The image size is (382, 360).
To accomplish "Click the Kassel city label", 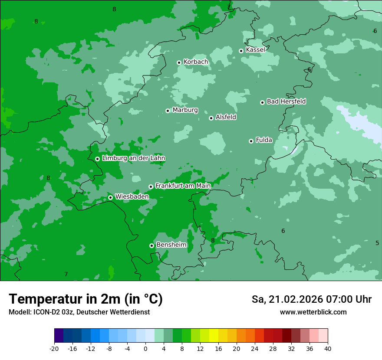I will click(x=255, y=50).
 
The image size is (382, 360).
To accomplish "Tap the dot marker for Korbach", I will click(x=179, y=62).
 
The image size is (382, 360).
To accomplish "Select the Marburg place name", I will click(x=185, y=110).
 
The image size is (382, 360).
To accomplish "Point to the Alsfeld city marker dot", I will click(x=211, y=118).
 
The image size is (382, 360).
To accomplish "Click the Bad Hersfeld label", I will click(x=286, y=101).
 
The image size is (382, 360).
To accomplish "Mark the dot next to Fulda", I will click(x=251, y=141).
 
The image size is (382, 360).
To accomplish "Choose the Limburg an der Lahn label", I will click(x=133, y=158).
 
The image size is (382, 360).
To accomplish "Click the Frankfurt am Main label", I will click(x=183, y=186).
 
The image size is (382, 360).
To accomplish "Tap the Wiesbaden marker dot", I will click(x=110, y=197).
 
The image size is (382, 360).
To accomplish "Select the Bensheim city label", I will click(x=171, y=245).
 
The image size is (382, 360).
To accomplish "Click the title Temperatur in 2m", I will click(x=86, y=299).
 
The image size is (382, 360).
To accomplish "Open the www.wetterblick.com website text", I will click(x=313, y=312).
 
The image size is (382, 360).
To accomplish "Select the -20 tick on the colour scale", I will click(x=54, y=349).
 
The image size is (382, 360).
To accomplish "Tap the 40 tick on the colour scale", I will click(x=327, y=349).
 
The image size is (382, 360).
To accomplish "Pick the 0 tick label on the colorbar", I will click(x=145, y=349).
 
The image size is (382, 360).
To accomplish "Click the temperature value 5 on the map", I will click(x=377, y=243).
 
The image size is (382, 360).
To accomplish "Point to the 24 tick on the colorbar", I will click(x=255, y=349).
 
